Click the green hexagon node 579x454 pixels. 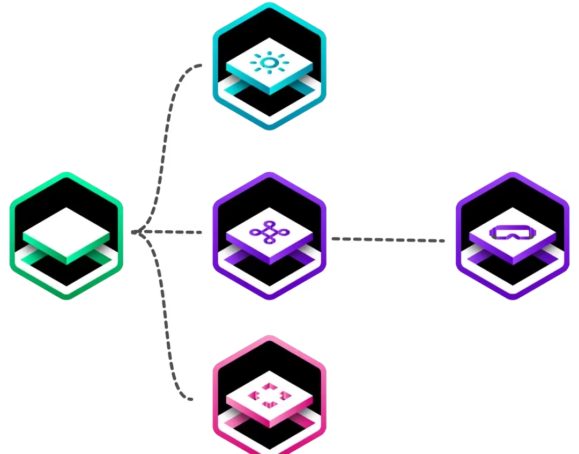pos(66,236)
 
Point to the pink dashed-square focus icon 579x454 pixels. pos(269,397)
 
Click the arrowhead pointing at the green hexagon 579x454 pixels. pos(135,232)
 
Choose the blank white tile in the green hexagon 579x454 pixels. pos(66,232)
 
